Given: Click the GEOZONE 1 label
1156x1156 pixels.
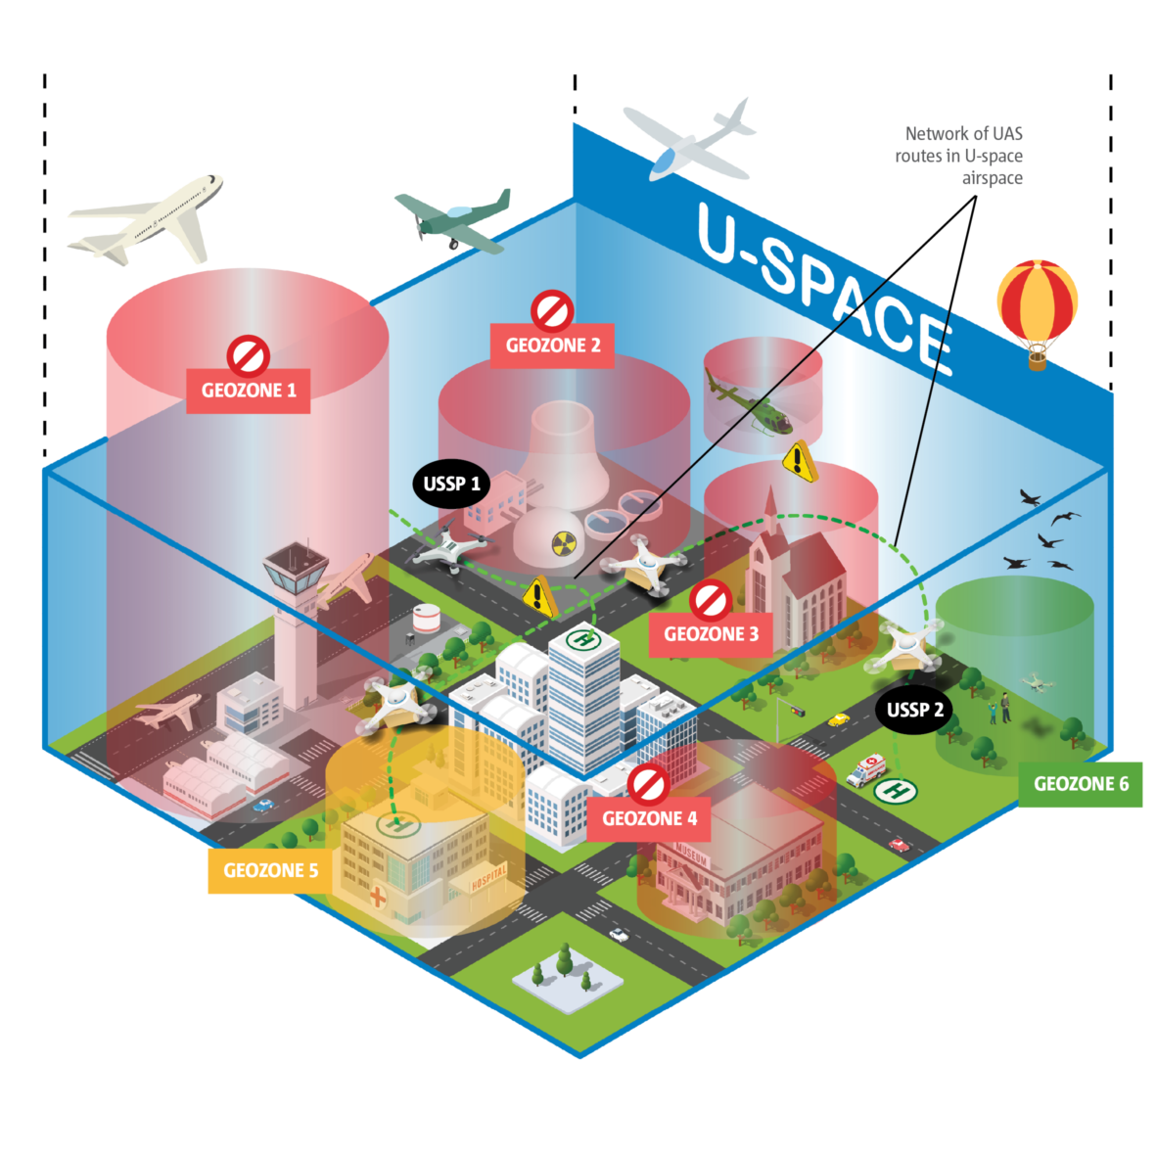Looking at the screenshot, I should pos(249,391).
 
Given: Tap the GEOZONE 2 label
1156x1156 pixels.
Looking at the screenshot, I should pos(552,346).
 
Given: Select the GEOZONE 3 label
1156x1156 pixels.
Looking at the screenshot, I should pos(711,634).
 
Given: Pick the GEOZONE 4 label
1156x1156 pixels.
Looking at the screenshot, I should pos(649,818).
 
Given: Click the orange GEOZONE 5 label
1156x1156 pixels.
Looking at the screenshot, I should pos(270,870).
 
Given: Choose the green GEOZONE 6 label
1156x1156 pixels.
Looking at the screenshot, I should pos(1081,784).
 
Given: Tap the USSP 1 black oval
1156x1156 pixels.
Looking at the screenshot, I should pos(451,484).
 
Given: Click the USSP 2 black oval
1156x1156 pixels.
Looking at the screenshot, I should pos(915,710).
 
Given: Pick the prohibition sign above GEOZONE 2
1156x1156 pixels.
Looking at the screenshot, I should pos(551,309).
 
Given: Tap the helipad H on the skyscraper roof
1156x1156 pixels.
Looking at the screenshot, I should pos(584,640).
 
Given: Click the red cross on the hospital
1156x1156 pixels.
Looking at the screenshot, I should pos(377,896).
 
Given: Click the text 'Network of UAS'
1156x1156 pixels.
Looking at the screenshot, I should pos(963,134).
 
